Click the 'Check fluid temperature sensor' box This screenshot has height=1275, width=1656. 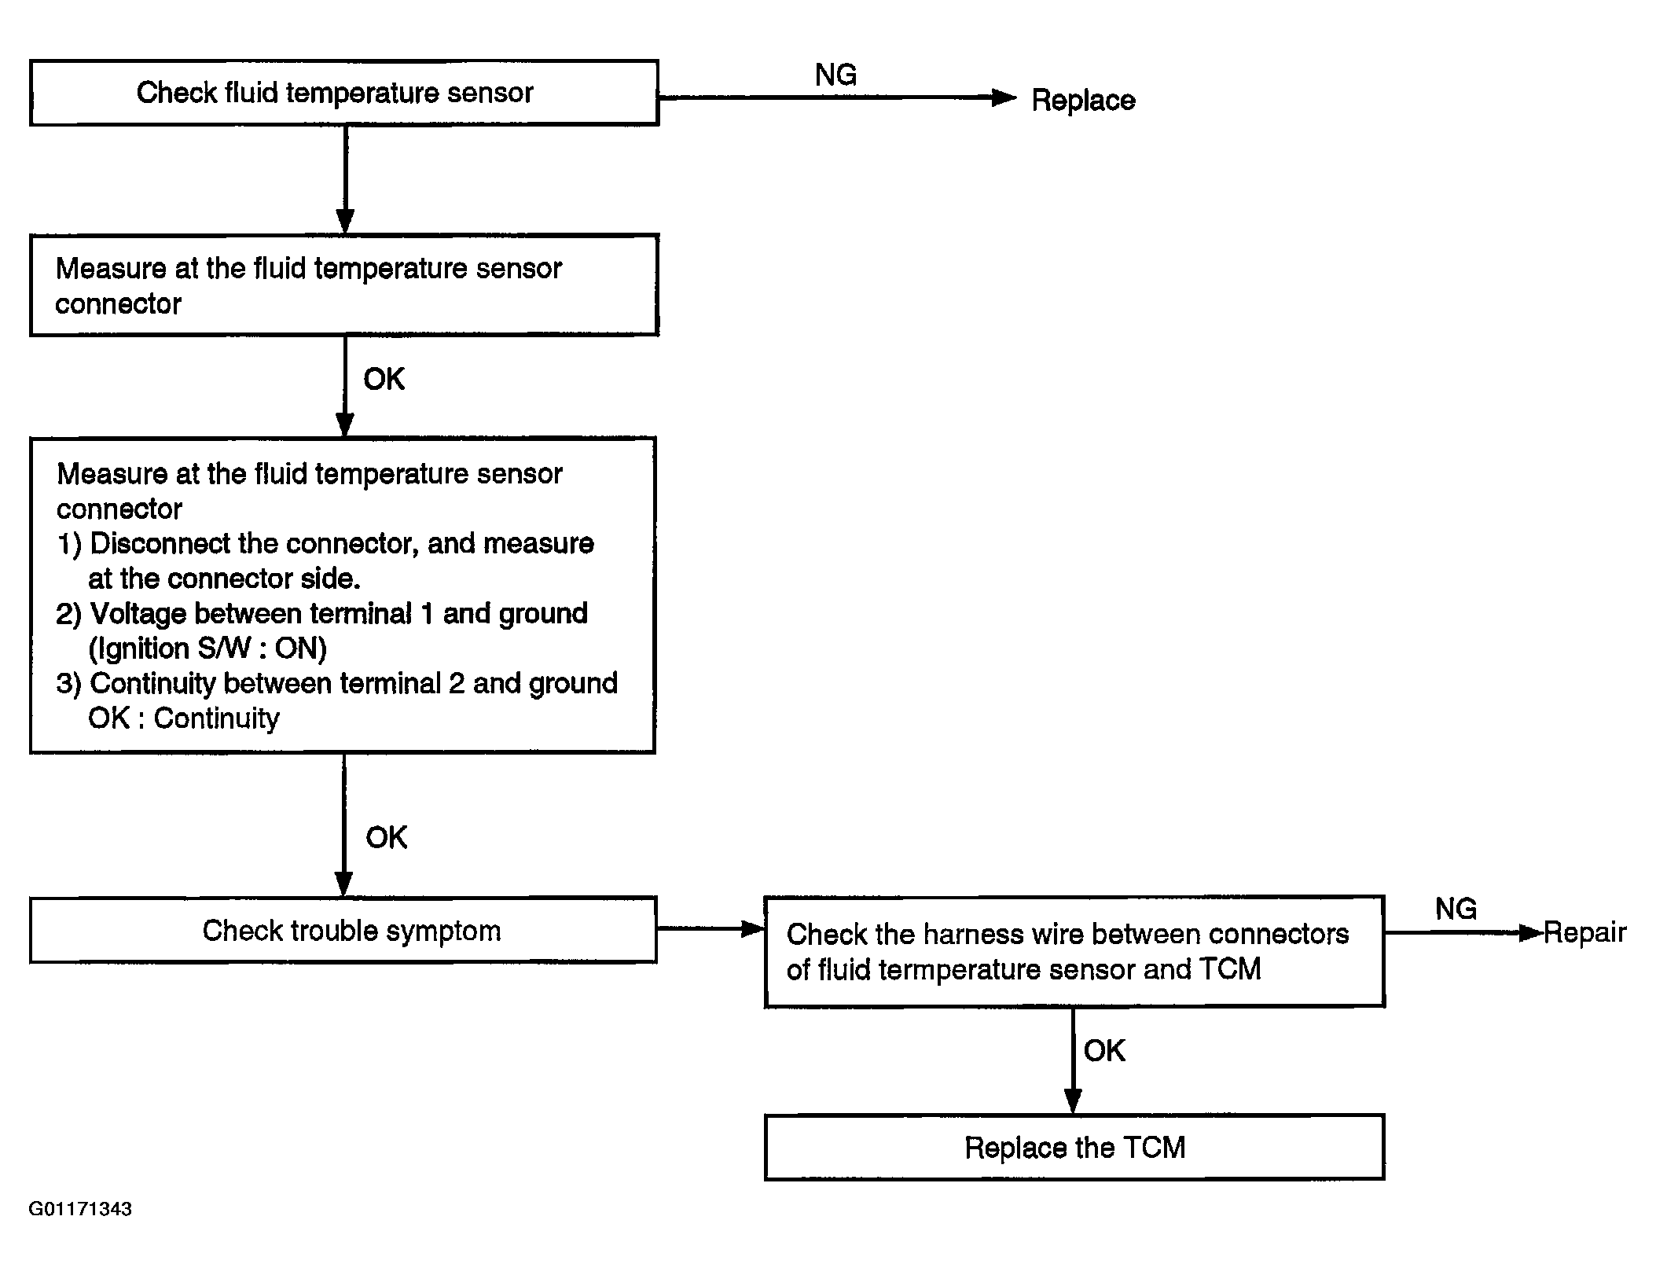click(x=344, y=93)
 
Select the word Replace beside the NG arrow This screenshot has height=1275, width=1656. click(x=1083, y=101)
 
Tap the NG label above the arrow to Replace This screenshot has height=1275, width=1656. click(x=835, y=75)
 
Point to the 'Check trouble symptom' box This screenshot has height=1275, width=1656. click(x=343, y=930)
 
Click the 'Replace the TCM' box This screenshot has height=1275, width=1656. click(x=1074, y=1148)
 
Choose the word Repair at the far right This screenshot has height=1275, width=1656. click(x=1584, y=933)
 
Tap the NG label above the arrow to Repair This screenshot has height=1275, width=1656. click(x=1456, y=909)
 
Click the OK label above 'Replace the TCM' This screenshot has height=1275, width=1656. click(x=1104, y=1050)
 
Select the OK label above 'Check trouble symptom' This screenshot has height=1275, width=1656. click(x=386, y=837)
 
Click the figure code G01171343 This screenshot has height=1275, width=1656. click(x=80, y=1209)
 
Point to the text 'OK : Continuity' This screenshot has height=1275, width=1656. click(x=184, y=718)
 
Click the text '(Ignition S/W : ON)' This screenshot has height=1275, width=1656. click(x=207, y=649)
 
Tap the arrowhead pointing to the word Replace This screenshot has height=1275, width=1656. click(x=1004, y=97)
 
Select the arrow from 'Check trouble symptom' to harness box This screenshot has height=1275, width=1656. click(x=711, y=928)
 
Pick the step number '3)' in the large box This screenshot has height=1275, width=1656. click(x=69, y=684)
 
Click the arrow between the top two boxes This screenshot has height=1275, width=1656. click(x=345, y=180)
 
